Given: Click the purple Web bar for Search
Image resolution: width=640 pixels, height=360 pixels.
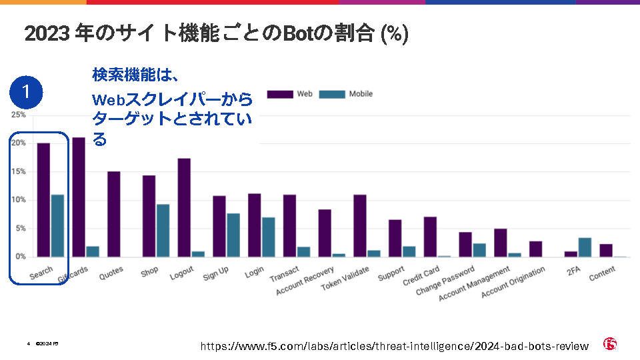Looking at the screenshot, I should [x=43, y=200].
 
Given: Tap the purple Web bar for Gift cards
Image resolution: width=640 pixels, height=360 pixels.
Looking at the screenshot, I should [x=79, y=197].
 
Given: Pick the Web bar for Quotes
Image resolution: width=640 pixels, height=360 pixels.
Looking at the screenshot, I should [x=113, y=214].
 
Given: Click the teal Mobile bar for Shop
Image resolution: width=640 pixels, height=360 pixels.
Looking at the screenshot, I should [x=163, y=230].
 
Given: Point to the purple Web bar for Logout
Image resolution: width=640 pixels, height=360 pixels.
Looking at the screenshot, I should [x=184, y=207].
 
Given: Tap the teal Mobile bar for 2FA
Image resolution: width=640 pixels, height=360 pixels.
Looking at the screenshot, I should [x=585, y=247].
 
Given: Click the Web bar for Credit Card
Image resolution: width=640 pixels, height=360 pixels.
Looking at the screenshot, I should [x=430, y=237].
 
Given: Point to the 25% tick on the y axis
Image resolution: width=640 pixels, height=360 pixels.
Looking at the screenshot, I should [x=18, y=115].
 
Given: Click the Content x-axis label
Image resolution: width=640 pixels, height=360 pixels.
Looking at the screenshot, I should [x=603, y=273].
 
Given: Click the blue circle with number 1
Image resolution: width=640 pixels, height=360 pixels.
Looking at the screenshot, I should [x=27, y=93].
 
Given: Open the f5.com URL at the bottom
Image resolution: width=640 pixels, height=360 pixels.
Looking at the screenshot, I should [x=395, y=346].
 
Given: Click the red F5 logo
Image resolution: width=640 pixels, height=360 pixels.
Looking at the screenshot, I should [x=610, y=344].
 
